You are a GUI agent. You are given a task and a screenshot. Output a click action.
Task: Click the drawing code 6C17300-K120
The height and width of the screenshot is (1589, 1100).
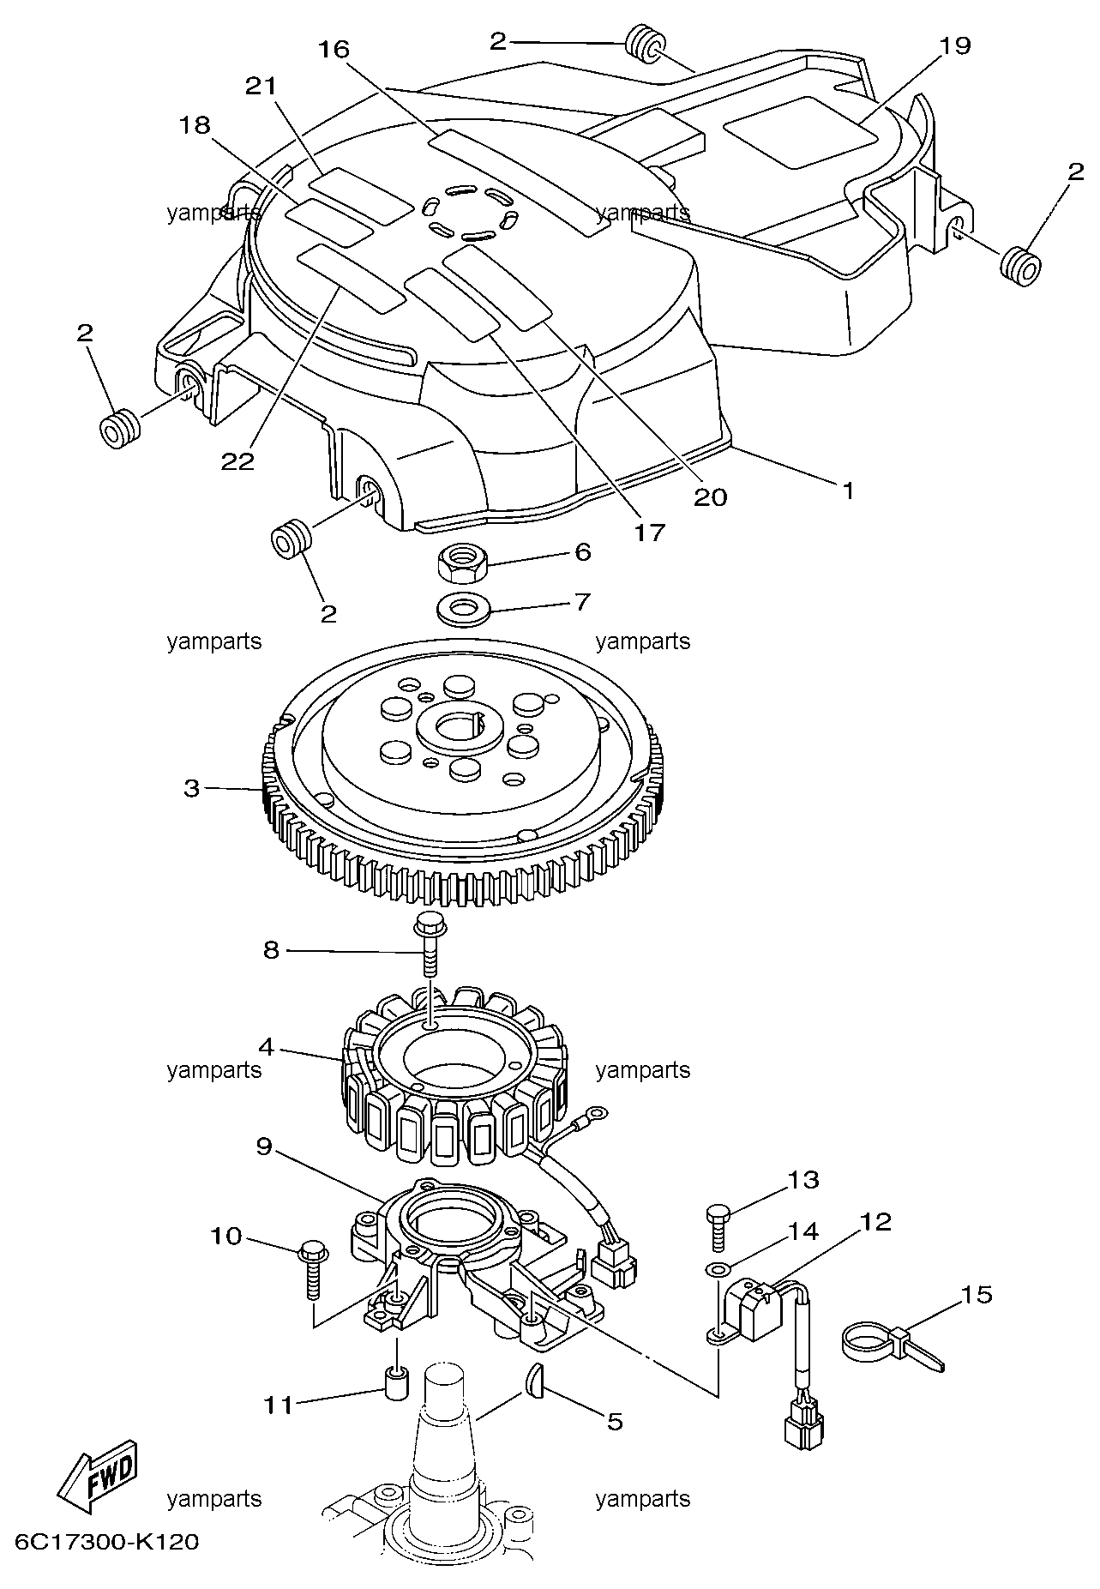107,1541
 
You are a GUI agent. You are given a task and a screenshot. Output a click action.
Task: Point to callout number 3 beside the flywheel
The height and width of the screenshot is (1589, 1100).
191,787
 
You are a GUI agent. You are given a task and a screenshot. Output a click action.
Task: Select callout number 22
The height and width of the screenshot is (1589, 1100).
237,460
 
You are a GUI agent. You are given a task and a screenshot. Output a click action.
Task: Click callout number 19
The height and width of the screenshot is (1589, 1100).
953,45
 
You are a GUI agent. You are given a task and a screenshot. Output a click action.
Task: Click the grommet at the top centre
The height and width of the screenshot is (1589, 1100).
646,45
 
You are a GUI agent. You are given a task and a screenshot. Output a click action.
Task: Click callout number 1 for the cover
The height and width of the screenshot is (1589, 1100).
847,491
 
